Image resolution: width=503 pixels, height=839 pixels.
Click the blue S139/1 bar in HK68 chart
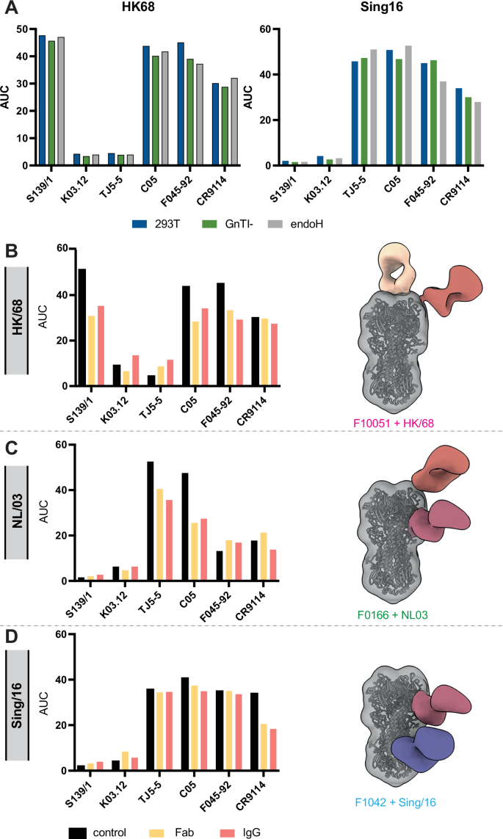[x=42, y=101]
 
